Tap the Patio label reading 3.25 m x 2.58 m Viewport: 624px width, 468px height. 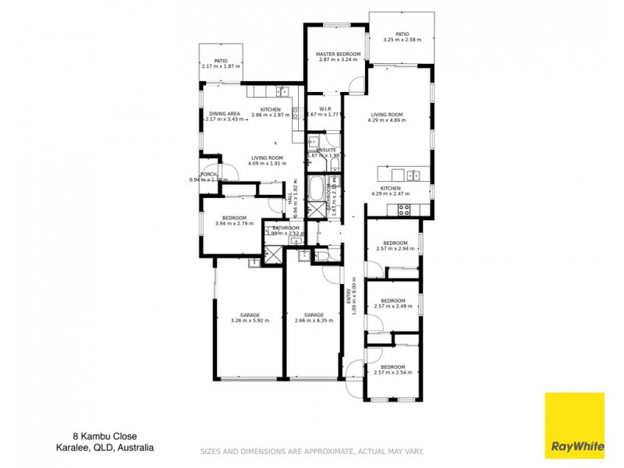[x=402, y=37]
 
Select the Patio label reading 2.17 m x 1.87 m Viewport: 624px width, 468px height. [x=221, y=63]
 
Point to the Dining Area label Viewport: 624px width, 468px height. [x=223, y=116]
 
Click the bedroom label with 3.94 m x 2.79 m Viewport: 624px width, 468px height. [x=234, y=221]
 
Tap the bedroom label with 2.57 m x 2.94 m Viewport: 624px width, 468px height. [x=393, y=246]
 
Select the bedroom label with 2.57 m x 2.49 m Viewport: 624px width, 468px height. [x=393, y=303]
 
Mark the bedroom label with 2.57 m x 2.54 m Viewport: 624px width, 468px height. [x=393, y=370]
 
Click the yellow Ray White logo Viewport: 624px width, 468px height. [x=573, y=424]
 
